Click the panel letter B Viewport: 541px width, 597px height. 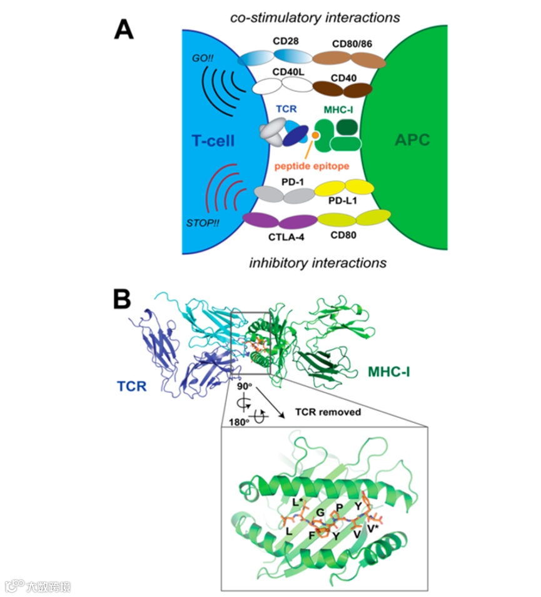(x=122, y=298)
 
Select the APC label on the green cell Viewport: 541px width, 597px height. (x=412, y=140)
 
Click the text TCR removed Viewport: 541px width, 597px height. (x=328, y=412)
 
